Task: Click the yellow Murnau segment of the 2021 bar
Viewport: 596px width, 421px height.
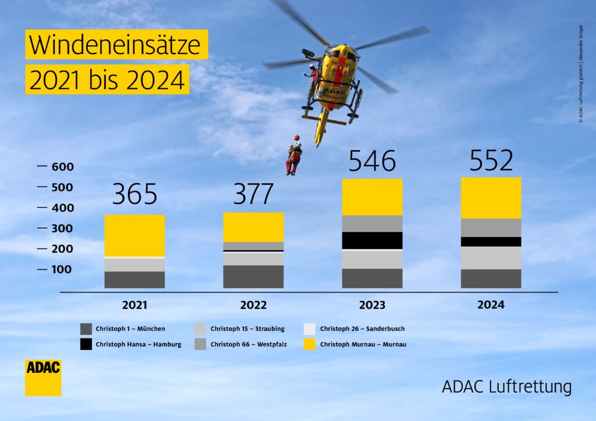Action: (x=134, y=235)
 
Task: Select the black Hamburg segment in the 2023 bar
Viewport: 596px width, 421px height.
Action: (x=372, y=240)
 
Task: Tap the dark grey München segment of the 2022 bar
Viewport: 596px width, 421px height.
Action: (x=253, y=276)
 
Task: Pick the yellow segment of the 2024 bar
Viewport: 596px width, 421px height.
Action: (x=491, y=198)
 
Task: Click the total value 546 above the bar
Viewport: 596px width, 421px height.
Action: (x=372, y=161)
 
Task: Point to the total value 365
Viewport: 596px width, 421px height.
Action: (x=134, y=194)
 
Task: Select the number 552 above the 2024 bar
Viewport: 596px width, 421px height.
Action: (x=491, y=160)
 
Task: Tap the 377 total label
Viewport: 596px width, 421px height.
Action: (x=253, y=194)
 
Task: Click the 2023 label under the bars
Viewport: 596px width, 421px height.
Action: (x=372, y=305)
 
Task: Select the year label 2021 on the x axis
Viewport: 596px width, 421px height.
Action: (x=134, y=305)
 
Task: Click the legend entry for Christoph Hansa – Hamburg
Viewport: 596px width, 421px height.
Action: (x=131, y=344)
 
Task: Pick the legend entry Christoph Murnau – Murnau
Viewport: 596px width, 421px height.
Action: (x=355, y=344)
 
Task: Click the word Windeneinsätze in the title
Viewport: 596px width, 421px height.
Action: (x=116, y=45)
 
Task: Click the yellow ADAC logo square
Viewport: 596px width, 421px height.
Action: (x=43, y=378)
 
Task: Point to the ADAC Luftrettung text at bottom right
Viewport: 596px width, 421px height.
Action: (x=506, y=387)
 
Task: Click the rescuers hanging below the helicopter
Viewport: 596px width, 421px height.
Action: (x=293, y=156)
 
